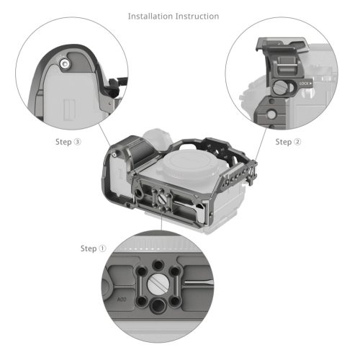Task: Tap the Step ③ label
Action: click(68, 142)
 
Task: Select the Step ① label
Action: click(93, 248)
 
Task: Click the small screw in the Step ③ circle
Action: click(66, 65)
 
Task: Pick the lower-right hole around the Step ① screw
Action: click(183, 300)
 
